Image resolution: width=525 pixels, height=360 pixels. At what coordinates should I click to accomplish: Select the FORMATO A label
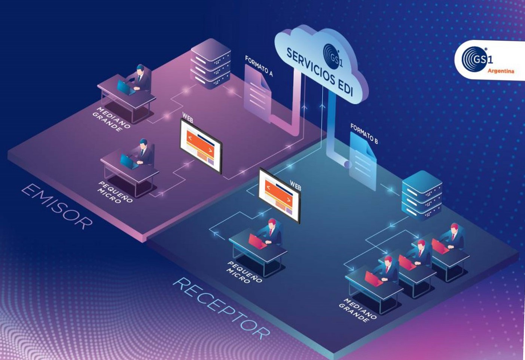(x=259, y=66)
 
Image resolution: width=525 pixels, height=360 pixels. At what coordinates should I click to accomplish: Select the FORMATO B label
(x=364, y=134)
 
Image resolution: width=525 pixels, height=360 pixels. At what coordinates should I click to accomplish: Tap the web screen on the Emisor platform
(x=201, y=146)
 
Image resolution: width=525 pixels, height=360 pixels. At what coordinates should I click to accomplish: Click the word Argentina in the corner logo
(x=501, y=71)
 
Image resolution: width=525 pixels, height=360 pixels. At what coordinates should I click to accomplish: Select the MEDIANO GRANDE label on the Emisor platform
(x=112, y=119)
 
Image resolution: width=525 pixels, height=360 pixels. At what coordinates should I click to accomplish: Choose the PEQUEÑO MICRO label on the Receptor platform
(x=245, y=272)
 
